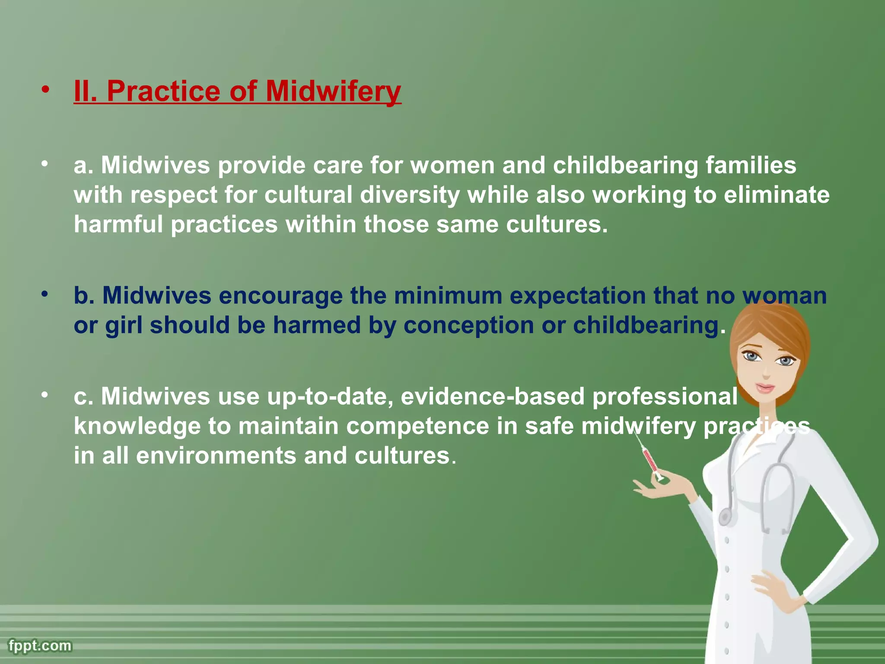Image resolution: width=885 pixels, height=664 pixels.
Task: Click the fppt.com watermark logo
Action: [40, 646]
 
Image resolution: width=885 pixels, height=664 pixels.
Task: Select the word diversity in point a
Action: [410, 195]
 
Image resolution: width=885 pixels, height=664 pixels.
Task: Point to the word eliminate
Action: [777, 195]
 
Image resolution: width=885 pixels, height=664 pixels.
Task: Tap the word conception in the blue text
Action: [468, 325]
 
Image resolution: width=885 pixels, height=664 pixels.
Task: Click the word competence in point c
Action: [417, 426]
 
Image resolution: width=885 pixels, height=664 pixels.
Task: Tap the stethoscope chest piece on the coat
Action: [725, 516]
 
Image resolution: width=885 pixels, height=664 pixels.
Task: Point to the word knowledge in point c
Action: [137, 426]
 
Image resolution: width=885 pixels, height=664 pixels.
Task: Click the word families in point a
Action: [751, 166]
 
